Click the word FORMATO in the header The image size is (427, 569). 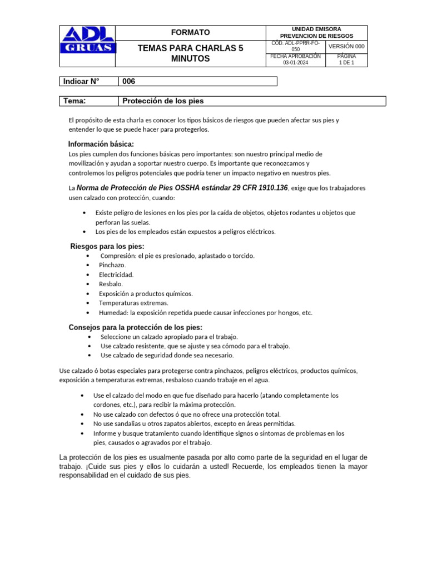(190, 33)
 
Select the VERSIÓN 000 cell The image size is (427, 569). (346, 46)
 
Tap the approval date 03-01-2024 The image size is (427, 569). (296, 63)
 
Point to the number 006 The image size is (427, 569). (128, 81)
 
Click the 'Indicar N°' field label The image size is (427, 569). (81, 81)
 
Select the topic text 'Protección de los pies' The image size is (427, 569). (163, 101)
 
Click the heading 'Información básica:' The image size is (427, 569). (101, 144)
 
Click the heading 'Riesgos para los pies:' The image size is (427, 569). (107, 246)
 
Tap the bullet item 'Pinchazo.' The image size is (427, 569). (112, 265)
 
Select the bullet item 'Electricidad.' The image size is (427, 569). (116, 274)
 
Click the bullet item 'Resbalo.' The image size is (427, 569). (111, 284)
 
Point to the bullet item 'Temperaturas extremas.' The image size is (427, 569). (133, 303)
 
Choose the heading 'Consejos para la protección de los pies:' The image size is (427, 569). (135, 327)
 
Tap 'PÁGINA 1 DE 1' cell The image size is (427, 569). (346, 59)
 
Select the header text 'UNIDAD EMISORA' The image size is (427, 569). (316, 29)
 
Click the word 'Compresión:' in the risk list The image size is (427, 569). (119, 256)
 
